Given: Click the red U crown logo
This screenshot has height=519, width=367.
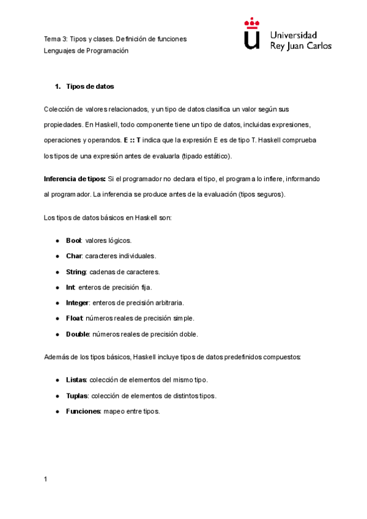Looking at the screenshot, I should (251, 34).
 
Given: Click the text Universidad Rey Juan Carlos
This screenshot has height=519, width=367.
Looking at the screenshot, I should (300, 40).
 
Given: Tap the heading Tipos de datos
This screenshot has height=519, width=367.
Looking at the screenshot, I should (90, 86).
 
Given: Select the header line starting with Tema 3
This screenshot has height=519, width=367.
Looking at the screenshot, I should (115, 39).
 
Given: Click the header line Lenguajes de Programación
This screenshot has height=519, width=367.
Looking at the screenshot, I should (86, 51).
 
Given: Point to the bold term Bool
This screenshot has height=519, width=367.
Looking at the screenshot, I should (73, 240).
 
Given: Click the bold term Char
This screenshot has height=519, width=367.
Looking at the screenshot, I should (74, 256).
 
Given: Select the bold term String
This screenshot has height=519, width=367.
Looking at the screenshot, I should (76, 272).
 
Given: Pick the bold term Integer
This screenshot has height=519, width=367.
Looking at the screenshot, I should (78, 303).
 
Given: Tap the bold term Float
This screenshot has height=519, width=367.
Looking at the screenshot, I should (75, 318).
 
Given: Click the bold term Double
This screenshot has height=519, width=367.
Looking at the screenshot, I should (78, 334).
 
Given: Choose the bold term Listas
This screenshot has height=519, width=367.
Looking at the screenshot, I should (76, 379).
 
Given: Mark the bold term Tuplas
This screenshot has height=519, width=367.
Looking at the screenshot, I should (77, 395).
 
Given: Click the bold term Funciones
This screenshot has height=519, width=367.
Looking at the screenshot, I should (83, 411).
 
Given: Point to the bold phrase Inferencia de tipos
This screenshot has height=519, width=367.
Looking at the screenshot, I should (75, 179).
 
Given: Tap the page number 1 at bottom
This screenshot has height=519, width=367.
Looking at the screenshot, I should (45, 479).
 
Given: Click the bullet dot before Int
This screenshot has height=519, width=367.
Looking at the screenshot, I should (57, 287).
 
